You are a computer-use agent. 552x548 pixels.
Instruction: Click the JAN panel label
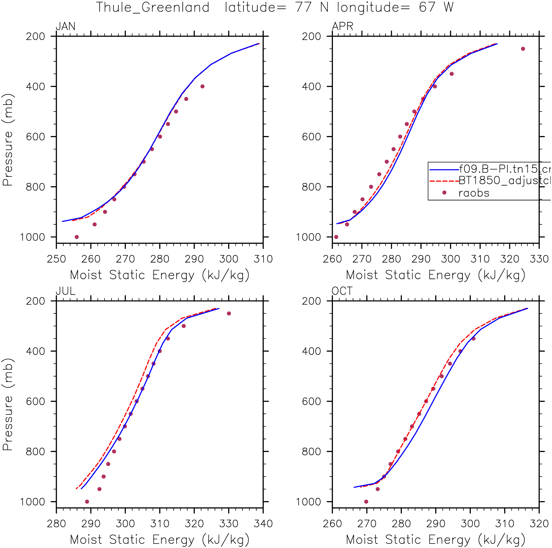(x=66, y=26)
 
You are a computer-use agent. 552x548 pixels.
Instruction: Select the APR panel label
(x=342, y=26)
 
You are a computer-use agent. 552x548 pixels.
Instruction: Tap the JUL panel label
(x=66, y=291)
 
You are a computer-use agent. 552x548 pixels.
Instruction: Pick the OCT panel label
(x=342, y=291)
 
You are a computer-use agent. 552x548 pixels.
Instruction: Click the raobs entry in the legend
(x=474, y=193)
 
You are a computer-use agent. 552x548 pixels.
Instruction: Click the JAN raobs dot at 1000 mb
(x=77, y=237)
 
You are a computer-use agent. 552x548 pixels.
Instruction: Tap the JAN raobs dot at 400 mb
(x=202, y=86)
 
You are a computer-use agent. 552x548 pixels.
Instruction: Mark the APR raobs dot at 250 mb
(x=523, y=49)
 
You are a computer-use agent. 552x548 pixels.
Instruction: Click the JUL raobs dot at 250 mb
(x=229, y=314)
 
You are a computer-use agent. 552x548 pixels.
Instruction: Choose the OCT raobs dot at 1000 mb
(x=366, y=502)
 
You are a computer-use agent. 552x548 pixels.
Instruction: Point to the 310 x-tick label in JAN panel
(x=263, y=259)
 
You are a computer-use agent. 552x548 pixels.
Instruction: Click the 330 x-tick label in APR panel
(x=539, y=259)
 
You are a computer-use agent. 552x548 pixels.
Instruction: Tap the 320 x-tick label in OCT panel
(x=539, y=524)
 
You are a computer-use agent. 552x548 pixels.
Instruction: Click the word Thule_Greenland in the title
(x=153, y=7)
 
